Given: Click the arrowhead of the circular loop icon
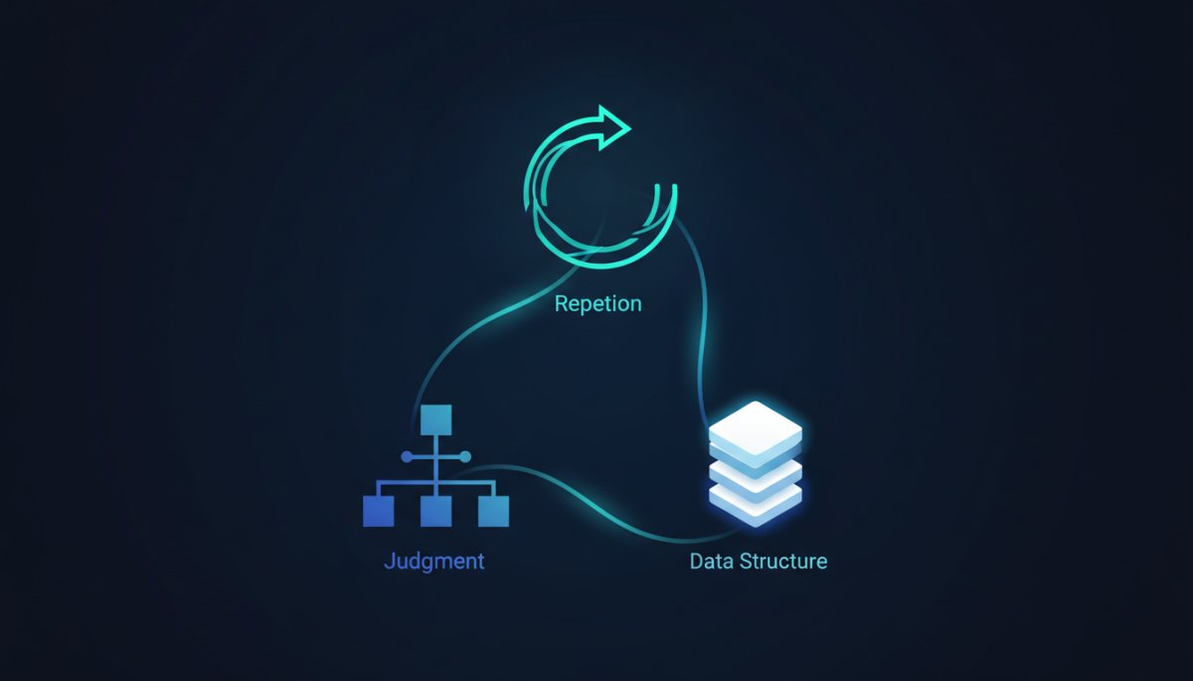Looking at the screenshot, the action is click(613, 128).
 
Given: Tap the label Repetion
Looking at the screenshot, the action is click(598, 304).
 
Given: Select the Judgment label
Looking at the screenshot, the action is click(434, 562).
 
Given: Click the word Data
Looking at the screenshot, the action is click(712, 561).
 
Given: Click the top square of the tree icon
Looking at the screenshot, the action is click(436, 421).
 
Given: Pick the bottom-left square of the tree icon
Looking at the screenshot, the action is click(378, 512).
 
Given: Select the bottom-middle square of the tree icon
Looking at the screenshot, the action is click(436, 512).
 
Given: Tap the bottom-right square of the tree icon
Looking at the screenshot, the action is click(494, 512).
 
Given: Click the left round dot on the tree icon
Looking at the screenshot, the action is click(407, 457).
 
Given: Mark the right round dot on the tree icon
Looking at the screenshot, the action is click(465, 457).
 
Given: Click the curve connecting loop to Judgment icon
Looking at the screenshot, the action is click(495, 318).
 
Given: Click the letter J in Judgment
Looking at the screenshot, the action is click(390, 561).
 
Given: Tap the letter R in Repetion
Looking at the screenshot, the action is click(562, 303).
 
